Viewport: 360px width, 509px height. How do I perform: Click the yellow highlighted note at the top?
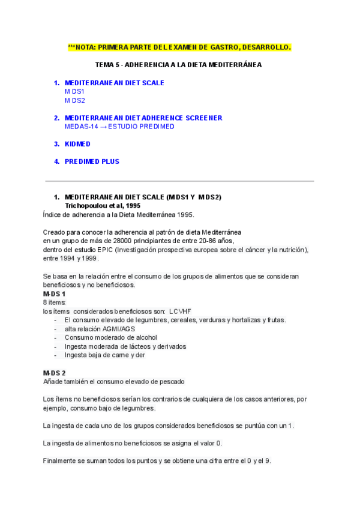(179, 47)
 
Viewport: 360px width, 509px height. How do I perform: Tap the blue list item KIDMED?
(77, 144)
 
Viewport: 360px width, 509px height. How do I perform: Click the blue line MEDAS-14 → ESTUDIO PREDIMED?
(119, 127)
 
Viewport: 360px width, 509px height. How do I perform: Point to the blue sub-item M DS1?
(74, 91)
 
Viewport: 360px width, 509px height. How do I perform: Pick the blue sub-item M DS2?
(74, 100)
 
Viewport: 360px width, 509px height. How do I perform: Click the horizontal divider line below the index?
(179, 181)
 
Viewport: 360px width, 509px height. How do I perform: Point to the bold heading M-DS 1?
(54, 294)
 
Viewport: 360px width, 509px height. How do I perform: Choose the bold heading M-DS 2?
(54, 373)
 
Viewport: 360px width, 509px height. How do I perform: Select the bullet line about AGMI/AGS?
(100, 329)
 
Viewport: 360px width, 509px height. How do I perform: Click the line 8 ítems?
(55, 303)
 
